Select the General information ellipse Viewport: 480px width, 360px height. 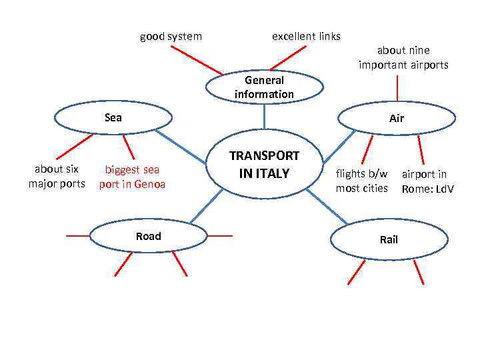click(264, 87)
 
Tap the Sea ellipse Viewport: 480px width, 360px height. click(113, 118)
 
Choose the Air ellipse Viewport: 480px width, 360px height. click(398, 119)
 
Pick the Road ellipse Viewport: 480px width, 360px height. click(148, 237)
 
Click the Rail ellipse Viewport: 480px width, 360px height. click(389, 240)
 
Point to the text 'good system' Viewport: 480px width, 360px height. click(171, 36)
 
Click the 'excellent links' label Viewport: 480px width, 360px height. click(306, 36)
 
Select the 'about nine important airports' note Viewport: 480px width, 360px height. click(403, 57)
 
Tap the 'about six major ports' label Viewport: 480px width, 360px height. click(57, 176)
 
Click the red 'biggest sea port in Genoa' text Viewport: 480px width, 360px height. click(132, 177)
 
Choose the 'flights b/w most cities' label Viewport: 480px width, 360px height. click(361, 181)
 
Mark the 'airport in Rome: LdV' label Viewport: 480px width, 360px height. click(427, 181)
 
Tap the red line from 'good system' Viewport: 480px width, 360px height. click(201, 61)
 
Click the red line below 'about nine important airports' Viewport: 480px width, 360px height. click(397, 88)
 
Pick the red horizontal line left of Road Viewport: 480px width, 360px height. click(77, 235)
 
